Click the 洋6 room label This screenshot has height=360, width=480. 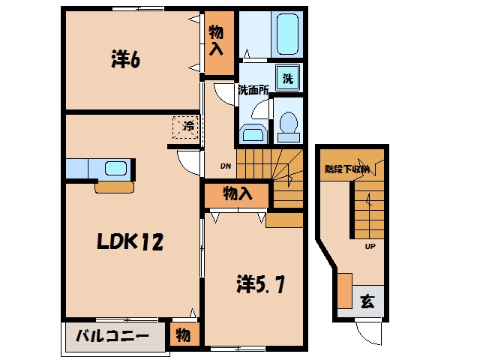click(x=125, y=59)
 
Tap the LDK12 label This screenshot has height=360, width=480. click(x=130, y=241)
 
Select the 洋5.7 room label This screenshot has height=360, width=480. click(x=260, y=284)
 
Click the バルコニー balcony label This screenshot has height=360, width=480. click(x=112, y=336)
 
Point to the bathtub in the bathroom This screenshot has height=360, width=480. click(x=287, y=34)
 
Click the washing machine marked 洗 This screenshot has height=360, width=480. click(x=287, y=78)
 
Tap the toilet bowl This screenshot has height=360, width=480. click(x=288, y=127)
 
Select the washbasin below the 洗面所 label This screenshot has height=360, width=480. click(x=253, y=133)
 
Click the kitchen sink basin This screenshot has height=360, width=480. click(x=115, y=168)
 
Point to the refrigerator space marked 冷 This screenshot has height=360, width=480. click(x=185, y=127)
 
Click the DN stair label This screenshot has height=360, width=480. click(x=226, y=166)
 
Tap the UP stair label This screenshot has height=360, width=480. click(x=370, y=246)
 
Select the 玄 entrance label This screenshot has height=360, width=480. click(x=367, y=301)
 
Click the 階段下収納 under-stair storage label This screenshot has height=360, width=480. click(x=347, y=169)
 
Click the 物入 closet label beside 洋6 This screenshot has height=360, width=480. click(x=216, y=40)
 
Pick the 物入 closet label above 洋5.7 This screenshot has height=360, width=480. click(x=238, y=193)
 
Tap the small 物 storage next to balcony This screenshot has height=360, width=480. click(x=183, y=335)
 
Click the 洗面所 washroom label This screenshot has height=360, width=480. click(x=253, y=90)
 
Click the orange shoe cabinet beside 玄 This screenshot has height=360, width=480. click(x=345, y=291)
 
